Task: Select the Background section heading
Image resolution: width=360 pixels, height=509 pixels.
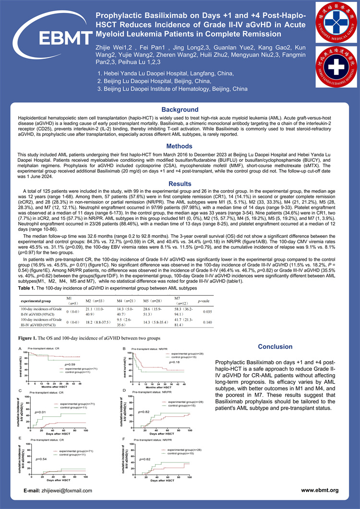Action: tap(180, 109)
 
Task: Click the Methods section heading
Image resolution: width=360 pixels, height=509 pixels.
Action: tap(180, 146)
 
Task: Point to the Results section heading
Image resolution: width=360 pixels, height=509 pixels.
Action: tap(180, 183)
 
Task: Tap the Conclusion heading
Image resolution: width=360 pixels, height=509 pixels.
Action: tap(275, 347)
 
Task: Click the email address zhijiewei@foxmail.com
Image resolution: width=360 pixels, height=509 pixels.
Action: tap(66, 490)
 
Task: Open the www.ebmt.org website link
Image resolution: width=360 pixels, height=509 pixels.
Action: tap(320, 490)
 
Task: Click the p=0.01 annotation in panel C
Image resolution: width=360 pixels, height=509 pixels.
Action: tap(41, 412)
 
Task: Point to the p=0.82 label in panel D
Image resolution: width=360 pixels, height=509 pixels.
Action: tap(145, 412)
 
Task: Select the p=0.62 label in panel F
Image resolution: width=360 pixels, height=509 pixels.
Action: tap(145, 459)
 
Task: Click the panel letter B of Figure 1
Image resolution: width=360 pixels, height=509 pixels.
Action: tap(124, 349)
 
